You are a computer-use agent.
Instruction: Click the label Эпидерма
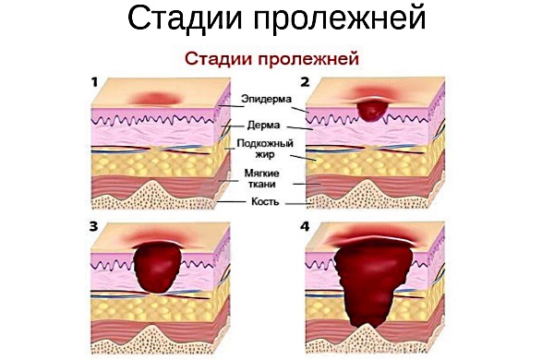[x=265, y=98]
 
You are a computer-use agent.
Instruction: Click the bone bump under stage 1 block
[x=154, y=191]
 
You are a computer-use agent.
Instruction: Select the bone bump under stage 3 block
[x=157, y=328]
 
